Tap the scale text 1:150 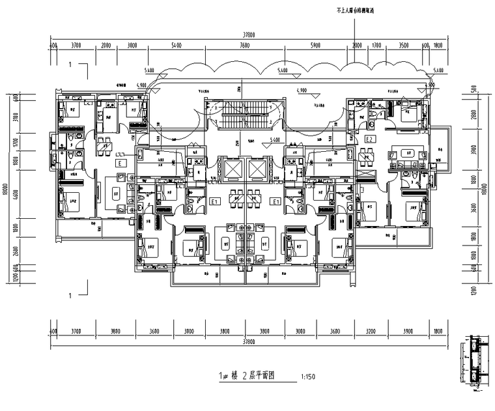[x=311, y=376]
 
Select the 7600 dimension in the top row [x=245, y=46]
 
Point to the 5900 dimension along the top [x=315, y=46]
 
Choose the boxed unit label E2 [x=369, y=140]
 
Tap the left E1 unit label [x=213, y=202]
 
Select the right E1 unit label [x=277, y=202]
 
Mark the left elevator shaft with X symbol [x=231, y=169]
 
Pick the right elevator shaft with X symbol [x=258, y=169]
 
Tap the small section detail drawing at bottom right [x=476, y=365]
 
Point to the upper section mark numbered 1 [x=71, y=64]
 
